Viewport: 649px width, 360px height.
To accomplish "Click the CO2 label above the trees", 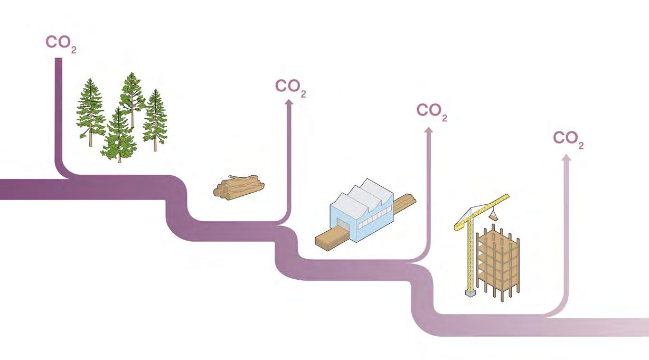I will click(61, 43).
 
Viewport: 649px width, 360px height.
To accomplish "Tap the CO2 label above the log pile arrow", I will click(290, 87).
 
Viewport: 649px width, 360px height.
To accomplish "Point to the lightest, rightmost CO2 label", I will click(568, 139).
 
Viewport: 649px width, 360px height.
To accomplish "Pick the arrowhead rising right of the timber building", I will click(566, 158).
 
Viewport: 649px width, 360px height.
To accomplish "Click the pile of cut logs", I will click(239, 187).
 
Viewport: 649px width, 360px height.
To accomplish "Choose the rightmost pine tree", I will click(155, 119).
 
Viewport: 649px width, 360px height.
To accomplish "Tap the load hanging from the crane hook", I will click(494, 215).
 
